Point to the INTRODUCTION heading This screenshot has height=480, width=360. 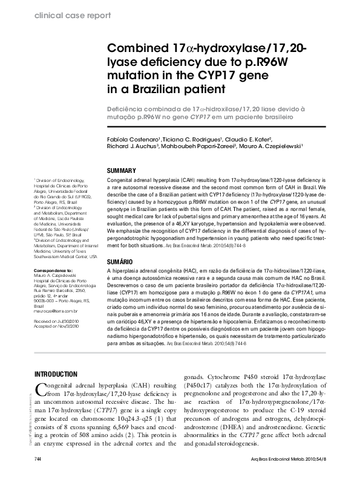coord(57,374)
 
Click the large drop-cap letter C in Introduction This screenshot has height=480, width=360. coord(40,389)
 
